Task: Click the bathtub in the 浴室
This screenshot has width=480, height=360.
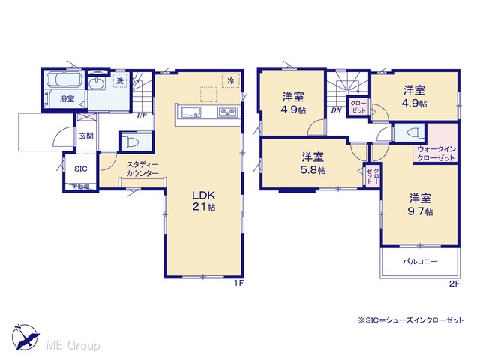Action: click(64, 79)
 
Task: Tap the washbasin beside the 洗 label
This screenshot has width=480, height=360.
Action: click(97, 82)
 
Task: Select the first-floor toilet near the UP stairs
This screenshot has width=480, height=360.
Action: click(130, 142)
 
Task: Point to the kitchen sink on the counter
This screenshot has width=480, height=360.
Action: click(191, 112)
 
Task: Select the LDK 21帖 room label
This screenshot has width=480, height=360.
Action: click(204, 201)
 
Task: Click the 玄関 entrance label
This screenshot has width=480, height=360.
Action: click(86, 136)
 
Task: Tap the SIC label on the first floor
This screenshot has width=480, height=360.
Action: click(81, 169)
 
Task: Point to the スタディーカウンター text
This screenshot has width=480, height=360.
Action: click(142, 169)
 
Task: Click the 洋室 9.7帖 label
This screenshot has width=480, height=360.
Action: click(420, 205)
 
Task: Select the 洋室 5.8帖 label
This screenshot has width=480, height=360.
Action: click(313, 163)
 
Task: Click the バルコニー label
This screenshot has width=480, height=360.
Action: click(420, 262)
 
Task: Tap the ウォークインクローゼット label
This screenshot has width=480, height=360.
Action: click(436, 154)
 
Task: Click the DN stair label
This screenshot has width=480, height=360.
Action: click(336, 110)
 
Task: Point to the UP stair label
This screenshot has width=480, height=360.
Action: click(142, 116)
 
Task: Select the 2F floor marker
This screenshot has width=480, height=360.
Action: click(454, 283)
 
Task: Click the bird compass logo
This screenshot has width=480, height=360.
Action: click(25, 337)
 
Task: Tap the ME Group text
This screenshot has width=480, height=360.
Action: click(73, 346)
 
